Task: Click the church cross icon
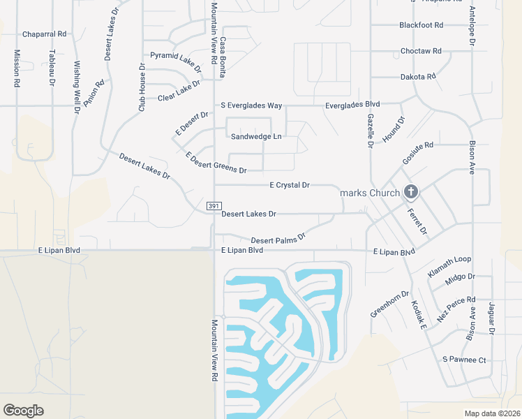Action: pos(411,191)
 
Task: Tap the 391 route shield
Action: pos(214,206)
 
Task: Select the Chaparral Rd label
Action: pos(44,34)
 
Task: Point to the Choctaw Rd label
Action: pos(421,51)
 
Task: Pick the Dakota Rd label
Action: pos(418,77)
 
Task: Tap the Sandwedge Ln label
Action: pos(256,137)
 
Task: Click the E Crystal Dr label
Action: pos(289,185)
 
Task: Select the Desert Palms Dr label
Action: pos(278,239)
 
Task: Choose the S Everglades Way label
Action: pos(251,105)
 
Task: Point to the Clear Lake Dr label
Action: pos(179,91)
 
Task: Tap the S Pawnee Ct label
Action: pos(464,360)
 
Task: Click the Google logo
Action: pos(24,411)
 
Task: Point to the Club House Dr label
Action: pos(142,88)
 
